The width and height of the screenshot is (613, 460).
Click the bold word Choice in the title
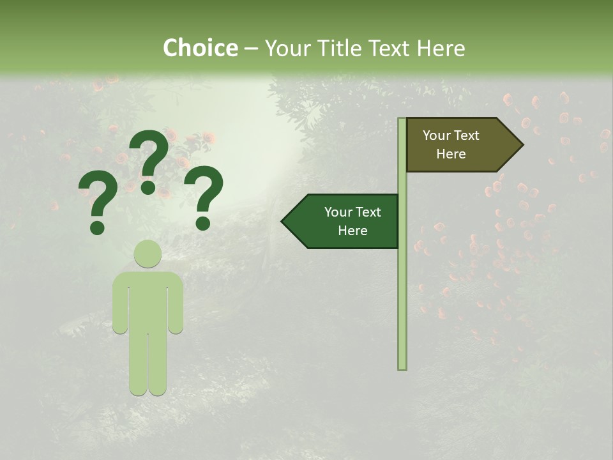click(200, 48)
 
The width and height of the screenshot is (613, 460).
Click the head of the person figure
click(148, 254)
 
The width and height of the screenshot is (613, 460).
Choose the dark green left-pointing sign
click(345, 222)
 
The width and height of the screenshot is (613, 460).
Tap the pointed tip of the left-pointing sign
click(285, 222)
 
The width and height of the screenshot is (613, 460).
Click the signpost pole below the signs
click(402, 313)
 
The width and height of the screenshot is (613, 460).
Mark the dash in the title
click(252, 49)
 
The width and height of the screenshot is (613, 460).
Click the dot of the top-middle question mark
click(148, 187)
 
